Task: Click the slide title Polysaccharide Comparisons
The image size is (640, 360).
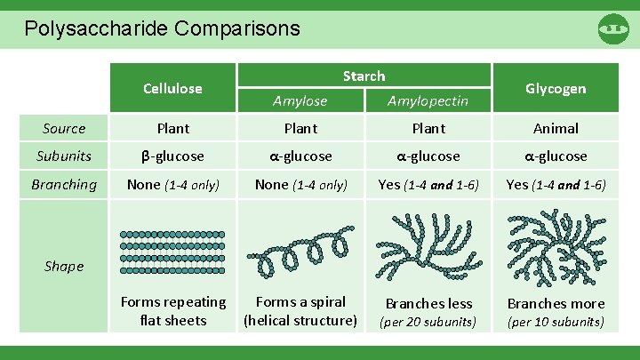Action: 162,28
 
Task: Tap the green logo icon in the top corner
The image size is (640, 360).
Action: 613,28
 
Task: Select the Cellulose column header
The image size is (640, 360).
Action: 172,88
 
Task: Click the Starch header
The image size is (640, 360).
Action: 364,76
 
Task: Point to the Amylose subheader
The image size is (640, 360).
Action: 300,101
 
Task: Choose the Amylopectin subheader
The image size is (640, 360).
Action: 428,101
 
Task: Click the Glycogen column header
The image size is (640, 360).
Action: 556,88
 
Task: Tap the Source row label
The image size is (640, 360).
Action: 64,128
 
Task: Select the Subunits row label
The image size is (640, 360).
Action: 64,156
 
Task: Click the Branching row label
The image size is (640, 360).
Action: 64,184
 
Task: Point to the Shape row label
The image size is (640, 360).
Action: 64,266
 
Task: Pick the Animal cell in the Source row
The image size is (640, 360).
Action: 556,128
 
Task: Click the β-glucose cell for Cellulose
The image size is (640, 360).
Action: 172,156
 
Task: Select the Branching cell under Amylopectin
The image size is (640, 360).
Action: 428,184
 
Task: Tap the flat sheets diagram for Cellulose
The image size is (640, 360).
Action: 172,247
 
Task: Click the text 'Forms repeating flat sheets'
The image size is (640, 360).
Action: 172,311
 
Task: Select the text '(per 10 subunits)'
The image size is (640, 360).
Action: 556,322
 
